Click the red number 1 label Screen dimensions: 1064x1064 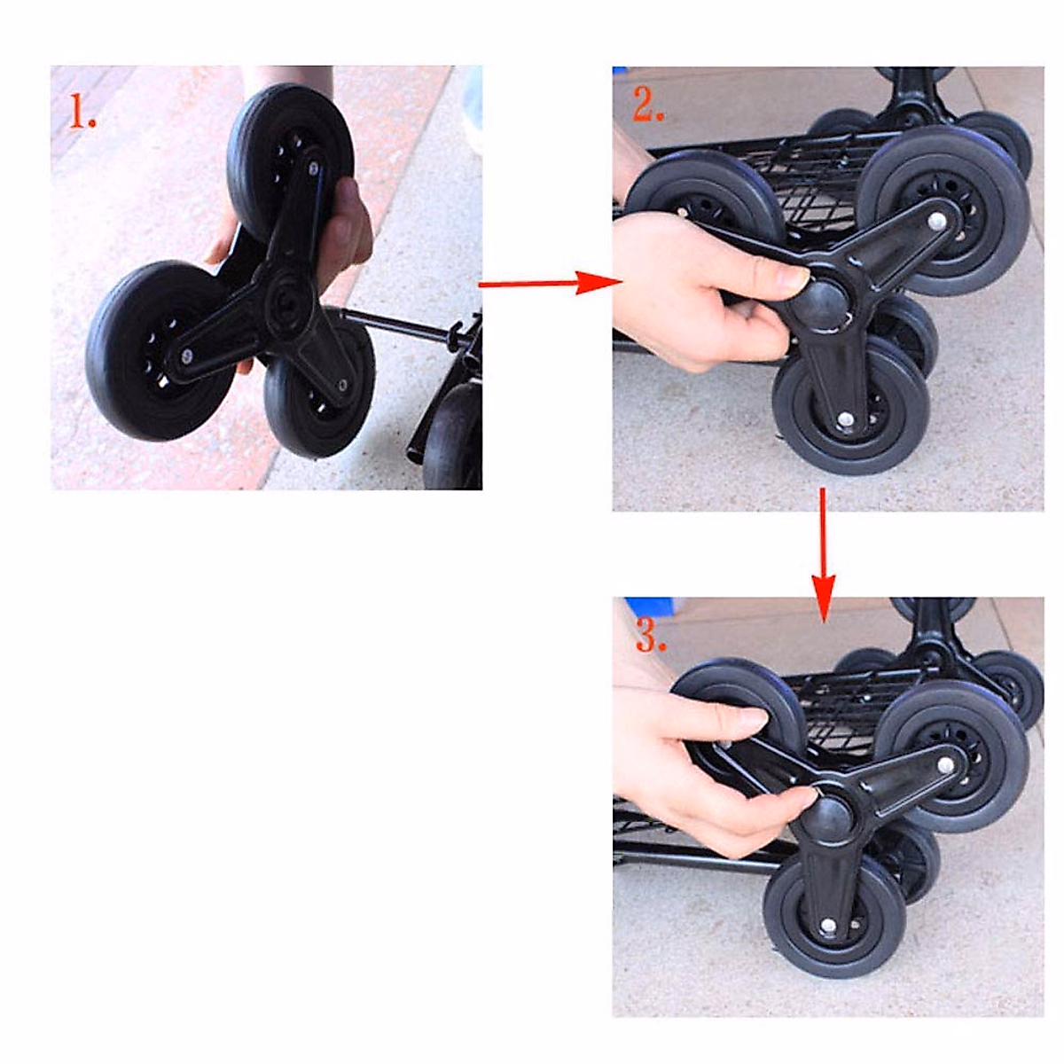tap(82, 113)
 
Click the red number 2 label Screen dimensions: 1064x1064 tap(648, 107)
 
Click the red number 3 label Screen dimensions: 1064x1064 tap(650, 638)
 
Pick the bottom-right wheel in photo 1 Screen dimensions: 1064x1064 tap(319, 390)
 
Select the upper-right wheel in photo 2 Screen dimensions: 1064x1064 tap(944, 213)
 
